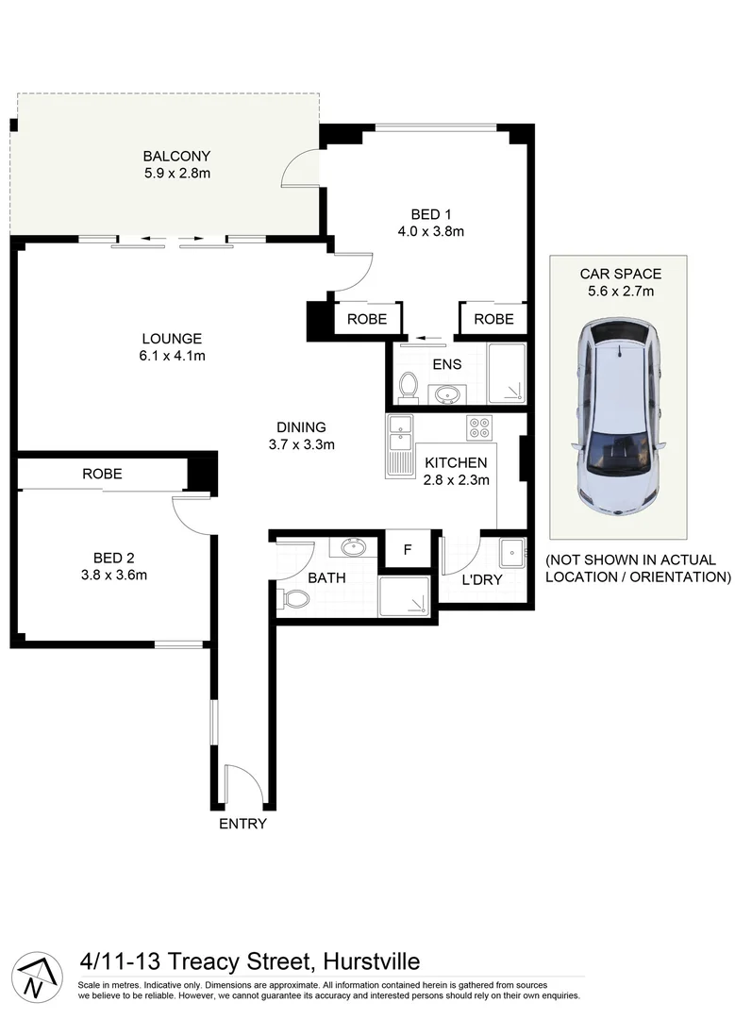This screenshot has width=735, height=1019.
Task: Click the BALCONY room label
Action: coord(176,156)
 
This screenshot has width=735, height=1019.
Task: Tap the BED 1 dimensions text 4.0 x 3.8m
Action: coord(431,230)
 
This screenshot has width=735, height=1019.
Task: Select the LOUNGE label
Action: coord(173,339)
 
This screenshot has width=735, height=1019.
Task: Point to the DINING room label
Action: coord(301,426)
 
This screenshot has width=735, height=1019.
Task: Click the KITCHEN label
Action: coord(456,462)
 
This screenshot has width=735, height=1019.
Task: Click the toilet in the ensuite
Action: coord(409,386)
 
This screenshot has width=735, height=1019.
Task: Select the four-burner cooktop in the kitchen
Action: coord(480,427)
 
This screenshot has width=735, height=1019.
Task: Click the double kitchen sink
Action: coord(399,431)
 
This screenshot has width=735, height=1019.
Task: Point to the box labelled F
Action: coord(408,549)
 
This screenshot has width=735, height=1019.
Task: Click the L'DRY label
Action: coord(481,579)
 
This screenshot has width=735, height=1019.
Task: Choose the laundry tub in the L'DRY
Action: coord(512,549)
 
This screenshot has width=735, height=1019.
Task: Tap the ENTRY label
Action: coord(242,824)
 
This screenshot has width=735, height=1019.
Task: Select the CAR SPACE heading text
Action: coord(620,275)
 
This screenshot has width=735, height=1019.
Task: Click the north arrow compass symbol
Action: coord(34,975)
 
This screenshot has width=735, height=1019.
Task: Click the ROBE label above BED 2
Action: coord(102,474)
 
